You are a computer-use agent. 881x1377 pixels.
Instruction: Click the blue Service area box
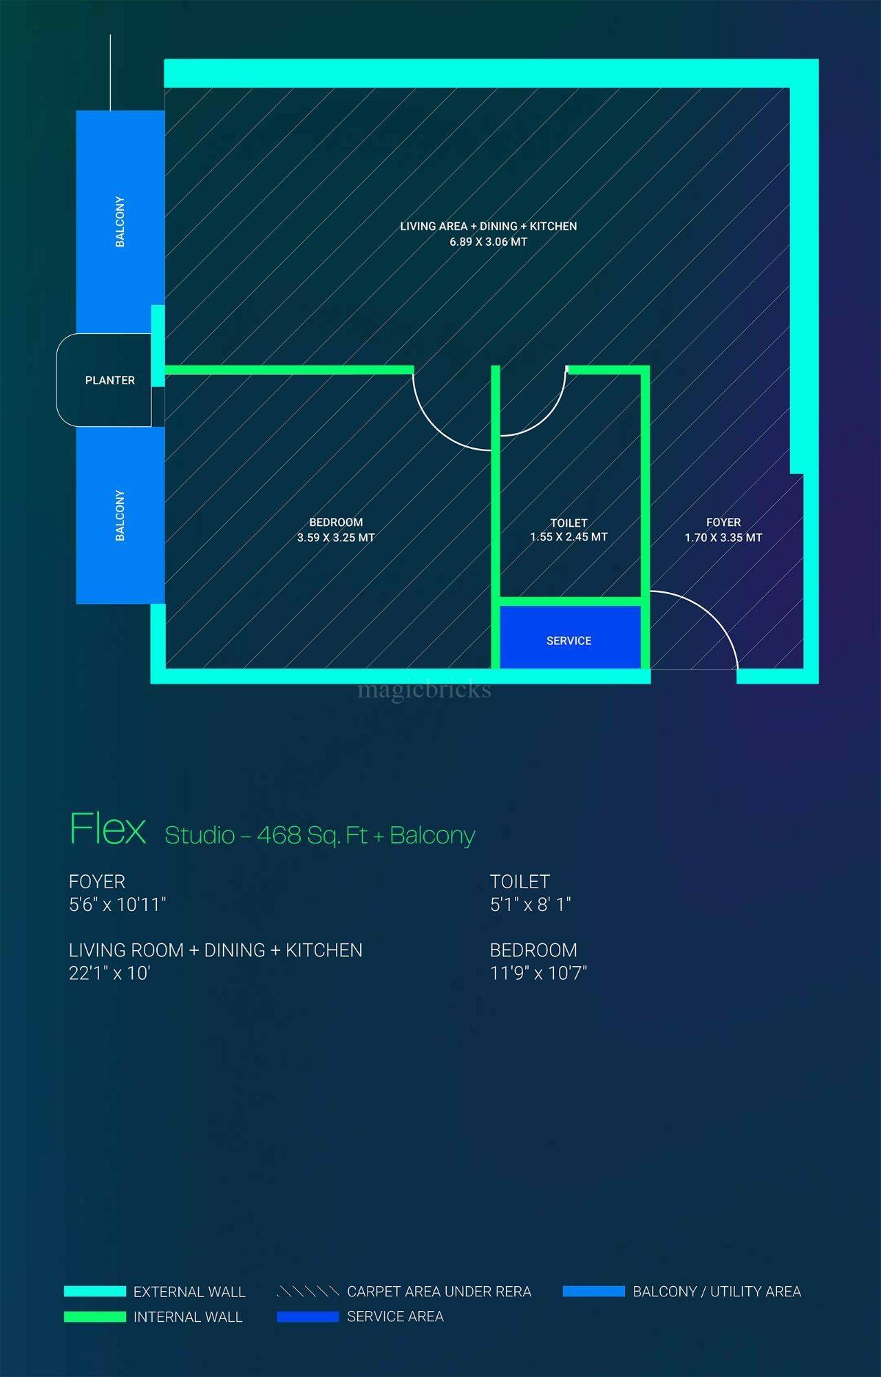tap(570, 637)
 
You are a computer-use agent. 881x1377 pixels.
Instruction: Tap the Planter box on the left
tap(104, 380)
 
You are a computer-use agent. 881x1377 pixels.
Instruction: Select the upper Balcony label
tap(120, 222)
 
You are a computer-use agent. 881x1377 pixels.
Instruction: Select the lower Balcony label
tap(120, 516)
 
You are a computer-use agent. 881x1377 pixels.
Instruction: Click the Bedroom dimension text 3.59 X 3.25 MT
tap(336, 538)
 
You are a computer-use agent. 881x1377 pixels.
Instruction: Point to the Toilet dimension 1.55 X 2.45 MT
tap(569, 537)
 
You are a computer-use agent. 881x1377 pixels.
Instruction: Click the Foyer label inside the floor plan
tap(723, 523)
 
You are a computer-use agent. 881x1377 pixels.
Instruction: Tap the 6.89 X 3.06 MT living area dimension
tap(489, 242)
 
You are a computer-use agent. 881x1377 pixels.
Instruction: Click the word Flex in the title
tap(108, 828)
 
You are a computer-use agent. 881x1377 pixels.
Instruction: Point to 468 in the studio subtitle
tap(279, 835)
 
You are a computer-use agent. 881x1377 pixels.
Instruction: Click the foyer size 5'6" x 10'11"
tap(118, 904)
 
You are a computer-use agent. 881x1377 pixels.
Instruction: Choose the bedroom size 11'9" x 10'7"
tap(538, 973)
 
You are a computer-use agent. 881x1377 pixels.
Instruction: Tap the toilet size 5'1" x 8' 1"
tap(531, 904)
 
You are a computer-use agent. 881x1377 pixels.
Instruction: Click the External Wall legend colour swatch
tap(95, 1292)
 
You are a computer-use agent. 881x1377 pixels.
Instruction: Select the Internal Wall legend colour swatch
tap(95, 1317)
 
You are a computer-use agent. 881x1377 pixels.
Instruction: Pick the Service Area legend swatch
tap(308, 1317)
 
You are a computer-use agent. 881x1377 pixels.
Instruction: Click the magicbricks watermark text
tap(425, 689)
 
